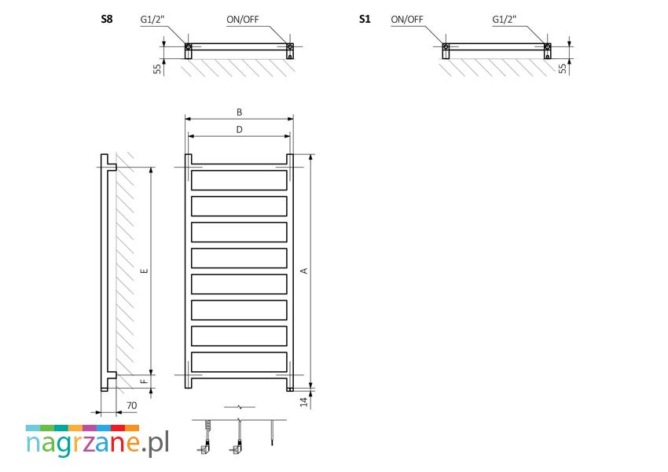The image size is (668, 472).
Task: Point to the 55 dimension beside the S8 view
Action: pyautogui.click(x=158, y=68)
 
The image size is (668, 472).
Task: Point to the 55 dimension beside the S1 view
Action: pyautogui.click(x=562, y=68)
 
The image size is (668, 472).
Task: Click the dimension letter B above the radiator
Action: pyautogui.click(x=239, y=113)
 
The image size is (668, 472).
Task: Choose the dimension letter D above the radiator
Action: pyautogui.click(x=239, y=130)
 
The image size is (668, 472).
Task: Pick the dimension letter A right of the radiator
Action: pyautogui.click(x=303, y=271)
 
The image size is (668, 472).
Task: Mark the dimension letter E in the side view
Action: pyautogui.click(x=143, y=271)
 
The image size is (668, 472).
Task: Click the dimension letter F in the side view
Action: pyautogui.click(x=143, y=382)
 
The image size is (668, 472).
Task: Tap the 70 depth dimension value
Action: pyautogui.click(x=130, y=406)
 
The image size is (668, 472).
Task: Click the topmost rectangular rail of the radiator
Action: pyautogui.click(x=239, y=181)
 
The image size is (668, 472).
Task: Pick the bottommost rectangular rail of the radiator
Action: pyautogui.click(x=239, y=362)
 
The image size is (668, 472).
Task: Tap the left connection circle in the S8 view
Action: pyautogui.click(x=189, y=49)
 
